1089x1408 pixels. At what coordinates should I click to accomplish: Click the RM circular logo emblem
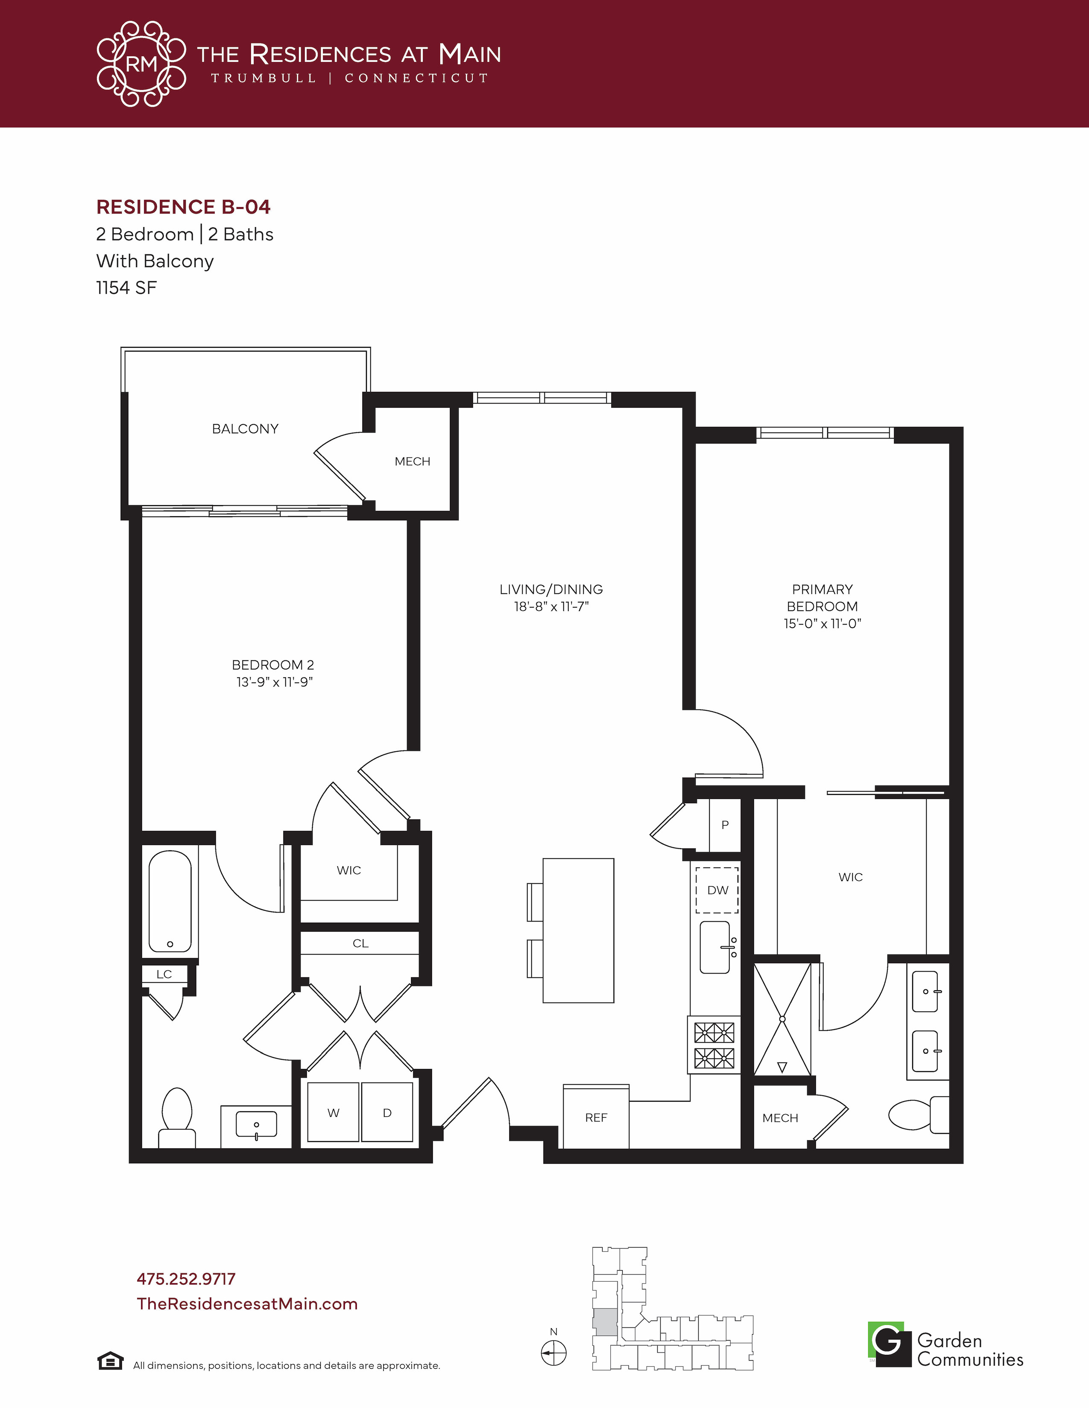(141, 64)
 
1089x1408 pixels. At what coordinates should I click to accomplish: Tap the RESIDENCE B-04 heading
(183, 207)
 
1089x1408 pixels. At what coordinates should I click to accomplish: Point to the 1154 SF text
(126, 288)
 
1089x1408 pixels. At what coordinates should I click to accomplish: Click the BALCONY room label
(245, 429)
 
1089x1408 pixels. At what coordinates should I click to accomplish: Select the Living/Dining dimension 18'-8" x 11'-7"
(552, 607)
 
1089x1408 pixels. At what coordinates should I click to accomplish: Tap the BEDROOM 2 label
(273, 665)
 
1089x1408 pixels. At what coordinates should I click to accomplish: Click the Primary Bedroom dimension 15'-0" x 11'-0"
(823, 623)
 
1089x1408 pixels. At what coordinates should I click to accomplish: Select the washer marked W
(333, 1112)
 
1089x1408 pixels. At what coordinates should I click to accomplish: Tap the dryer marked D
(387, 1112)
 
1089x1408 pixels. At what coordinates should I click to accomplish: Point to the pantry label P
(725, 825)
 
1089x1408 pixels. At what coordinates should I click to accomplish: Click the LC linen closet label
(164, 974)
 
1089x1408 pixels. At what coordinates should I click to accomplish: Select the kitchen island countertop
(578, 930)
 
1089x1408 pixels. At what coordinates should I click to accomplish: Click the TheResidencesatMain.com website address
(247, 1303)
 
